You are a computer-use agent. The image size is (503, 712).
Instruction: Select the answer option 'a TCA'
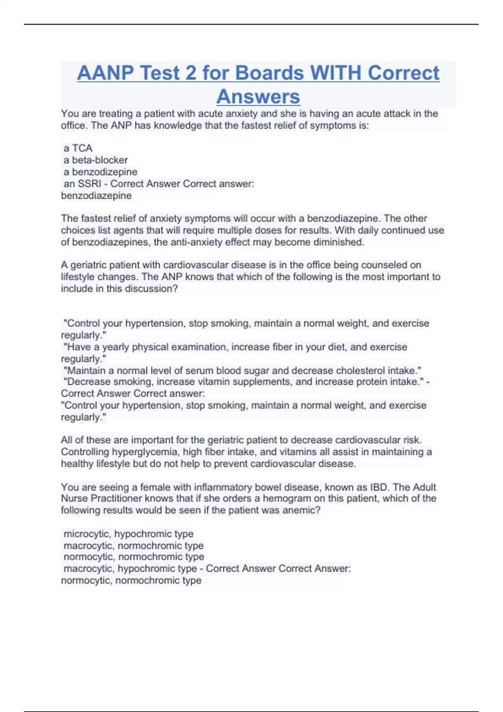[78, 148]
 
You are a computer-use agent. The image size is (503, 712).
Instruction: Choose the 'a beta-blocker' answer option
[96, 160]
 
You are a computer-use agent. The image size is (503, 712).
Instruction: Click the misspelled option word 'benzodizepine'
[104, 172]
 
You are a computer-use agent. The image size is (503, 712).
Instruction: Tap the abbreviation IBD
[379, 487]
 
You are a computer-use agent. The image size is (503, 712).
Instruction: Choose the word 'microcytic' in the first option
[87, 534]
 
